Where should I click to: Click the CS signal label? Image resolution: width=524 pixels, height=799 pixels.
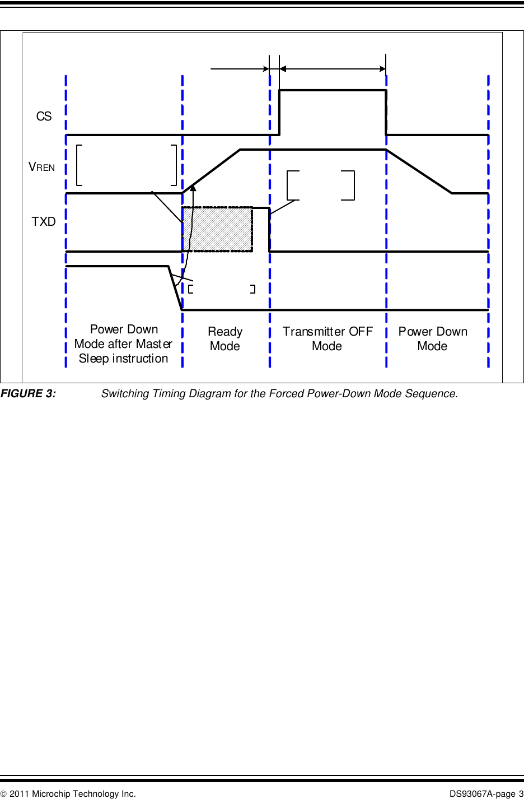pos(44,117)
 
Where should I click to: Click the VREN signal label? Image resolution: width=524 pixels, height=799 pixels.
pos(42,167)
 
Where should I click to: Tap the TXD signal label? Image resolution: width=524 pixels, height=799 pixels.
pos(44,222)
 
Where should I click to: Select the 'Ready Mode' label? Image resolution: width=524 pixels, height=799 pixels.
pos(225,339)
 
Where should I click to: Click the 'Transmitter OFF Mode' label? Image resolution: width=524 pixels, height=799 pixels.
pos(327,339)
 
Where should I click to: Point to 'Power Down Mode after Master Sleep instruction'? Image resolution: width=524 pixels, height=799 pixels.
pos(123,344)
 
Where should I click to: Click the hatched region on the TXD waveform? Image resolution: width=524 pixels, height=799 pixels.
pos(217,229)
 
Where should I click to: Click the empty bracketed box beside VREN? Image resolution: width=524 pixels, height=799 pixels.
pos(127,165)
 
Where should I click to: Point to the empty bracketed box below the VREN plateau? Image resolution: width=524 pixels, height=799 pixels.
pos(321,185)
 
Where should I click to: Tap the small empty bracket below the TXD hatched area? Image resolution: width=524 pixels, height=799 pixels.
pos(222,289)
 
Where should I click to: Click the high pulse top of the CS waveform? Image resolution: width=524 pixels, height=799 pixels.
pos(333,90)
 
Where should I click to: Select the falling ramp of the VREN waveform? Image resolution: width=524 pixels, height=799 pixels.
pos(419,171)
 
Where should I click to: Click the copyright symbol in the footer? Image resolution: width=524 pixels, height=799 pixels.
pos(4,793)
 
